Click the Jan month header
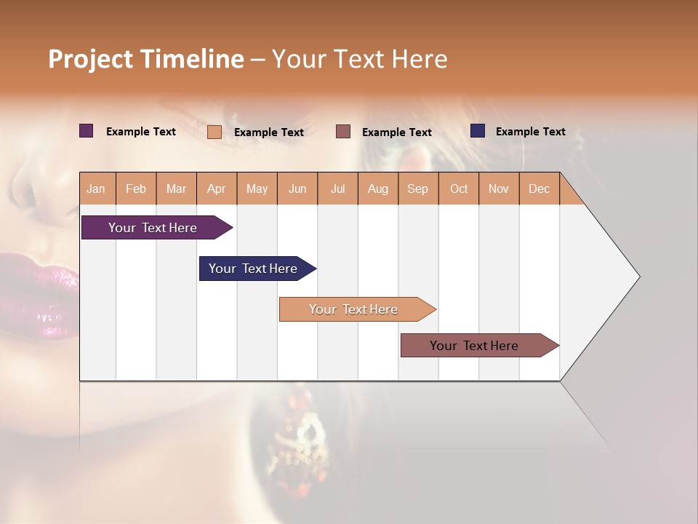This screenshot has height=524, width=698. click(97, 188)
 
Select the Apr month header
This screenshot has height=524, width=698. click(217, 188)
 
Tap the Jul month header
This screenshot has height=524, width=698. click(338, 188)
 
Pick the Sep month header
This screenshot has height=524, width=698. click(418, 188)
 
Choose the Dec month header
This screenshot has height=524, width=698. click(539, 188)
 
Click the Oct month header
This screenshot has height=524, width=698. click(459, 188)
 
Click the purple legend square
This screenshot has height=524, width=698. click(86, 131)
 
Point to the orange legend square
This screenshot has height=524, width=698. click(214, 132)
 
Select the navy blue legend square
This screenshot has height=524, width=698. click(477, 131)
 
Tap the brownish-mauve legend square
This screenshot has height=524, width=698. click(343, 132)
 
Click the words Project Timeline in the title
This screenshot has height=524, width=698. click(145, 59)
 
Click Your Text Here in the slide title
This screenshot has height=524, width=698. click(360, 59)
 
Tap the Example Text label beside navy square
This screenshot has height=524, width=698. click(530, 131)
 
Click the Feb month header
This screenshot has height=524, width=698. click(136, 188)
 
